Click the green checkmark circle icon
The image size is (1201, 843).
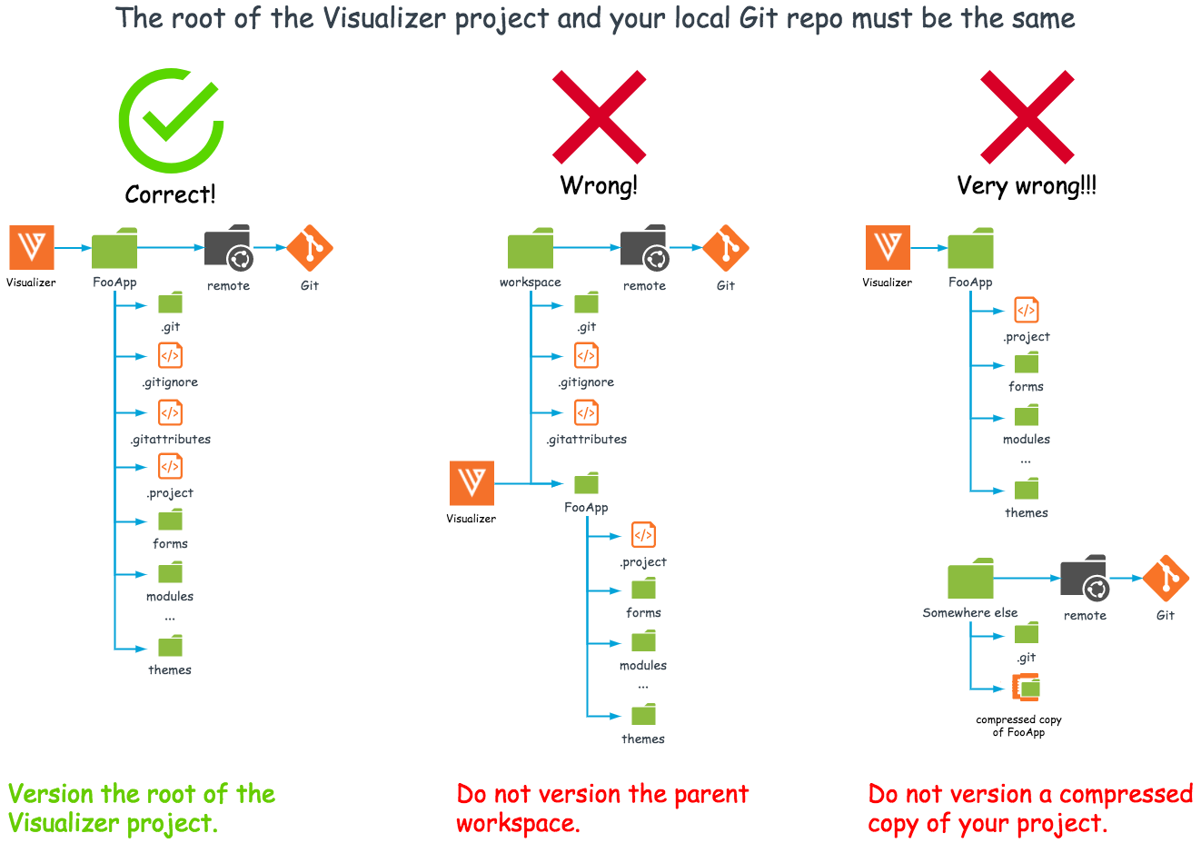pyautogui.click(x=171, y=120)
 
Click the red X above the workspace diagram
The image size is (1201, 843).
pyautogui.click(x=599, y=117)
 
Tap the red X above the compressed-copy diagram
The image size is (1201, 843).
pyautogui.click(x=1027, y=117)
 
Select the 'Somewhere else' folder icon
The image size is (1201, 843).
pyautogui.click(x=970, y=579)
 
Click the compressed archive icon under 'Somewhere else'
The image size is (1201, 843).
pyautogui.click(x=1027, y=688)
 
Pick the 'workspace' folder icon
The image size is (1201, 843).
pyautogui.click(x=531, y=248)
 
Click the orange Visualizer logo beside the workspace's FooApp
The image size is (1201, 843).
pyautogui.click(x=471, y=482)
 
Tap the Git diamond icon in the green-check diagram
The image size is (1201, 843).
pyautogui.click(x=310, y=248)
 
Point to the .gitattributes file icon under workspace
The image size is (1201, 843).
pyautogui.click(x=586, y=412)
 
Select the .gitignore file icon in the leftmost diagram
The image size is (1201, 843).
pyautogui.click(x=170, y=356)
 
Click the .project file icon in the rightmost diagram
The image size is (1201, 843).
pyautogui.click(x=1026, y=310)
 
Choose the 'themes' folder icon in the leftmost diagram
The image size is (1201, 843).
pyautogui.click(x=170, y=646)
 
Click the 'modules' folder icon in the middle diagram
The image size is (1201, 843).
pyautogui.click(x=643, y=641)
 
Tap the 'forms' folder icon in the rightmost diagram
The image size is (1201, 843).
pyautogui.click(x=1027, y=363)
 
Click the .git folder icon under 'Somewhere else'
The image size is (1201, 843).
pyautogui.click(x=1027, y=632)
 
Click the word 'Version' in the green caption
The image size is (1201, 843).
pyautogui.click(x=51, y=794)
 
